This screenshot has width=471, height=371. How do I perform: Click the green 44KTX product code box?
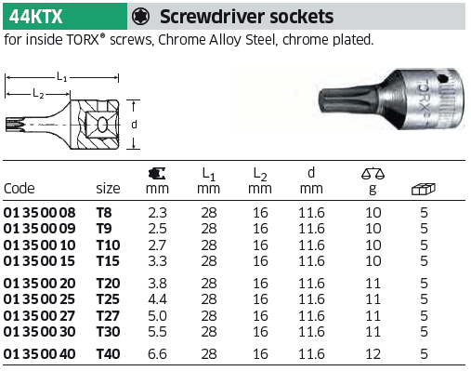65,17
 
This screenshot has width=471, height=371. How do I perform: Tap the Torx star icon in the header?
140,17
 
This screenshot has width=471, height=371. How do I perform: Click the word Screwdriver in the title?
213,17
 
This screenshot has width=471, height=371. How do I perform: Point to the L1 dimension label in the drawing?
62,76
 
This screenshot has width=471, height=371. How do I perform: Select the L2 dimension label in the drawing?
38,93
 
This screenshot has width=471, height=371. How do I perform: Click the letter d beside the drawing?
134,125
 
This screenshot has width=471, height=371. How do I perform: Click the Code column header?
19,189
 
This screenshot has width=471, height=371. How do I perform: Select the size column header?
108,189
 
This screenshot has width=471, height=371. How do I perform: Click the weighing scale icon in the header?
373,173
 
